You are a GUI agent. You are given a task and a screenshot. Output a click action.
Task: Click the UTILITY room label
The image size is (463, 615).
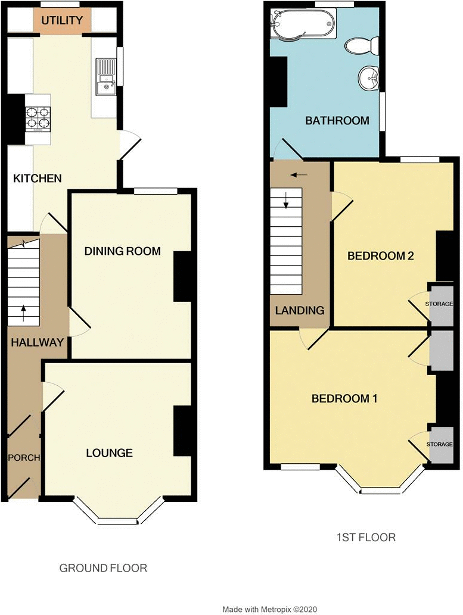(62, 20)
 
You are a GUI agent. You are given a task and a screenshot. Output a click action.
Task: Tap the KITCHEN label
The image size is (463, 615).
(38, 179)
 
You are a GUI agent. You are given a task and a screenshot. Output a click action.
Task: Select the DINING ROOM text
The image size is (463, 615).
(123, 251)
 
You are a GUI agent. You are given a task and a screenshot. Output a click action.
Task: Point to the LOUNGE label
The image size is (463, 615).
(109, 453)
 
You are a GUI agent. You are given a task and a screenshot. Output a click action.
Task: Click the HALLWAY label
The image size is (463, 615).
(38, 342)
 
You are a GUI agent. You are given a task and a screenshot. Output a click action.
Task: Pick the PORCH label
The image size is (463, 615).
(24, 458)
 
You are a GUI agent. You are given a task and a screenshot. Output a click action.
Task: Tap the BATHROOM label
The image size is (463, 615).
(337, 120)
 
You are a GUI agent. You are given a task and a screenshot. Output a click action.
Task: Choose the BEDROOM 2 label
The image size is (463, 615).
(381, 256)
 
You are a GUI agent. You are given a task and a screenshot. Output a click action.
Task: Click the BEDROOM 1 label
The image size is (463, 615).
(344, 399)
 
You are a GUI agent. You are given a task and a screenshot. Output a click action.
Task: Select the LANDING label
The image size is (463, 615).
(300, 311)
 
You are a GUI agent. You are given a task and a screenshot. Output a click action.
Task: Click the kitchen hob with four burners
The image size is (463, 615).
(39, 118)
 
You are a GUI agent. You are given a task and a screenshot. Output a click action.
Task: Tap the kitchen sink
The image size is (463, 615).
(106, 77)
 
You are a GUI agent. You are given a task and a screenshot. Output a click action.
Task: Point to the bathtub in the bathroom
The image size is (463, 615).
(303, 23)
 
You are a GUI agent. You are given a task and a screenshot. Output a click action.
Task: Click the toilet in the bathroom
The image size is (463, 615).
(362, 46)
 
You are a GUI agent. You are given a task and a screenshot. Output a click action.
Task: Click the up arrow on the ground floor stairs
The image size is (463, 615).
(24, 313)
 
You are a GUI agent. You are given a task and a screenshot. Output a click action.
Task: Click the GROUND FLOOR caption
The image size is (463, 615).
(103, 568)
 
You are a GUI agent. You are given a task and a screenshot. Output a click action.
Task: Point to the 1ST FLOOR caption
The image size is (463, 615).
(366, 537)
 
